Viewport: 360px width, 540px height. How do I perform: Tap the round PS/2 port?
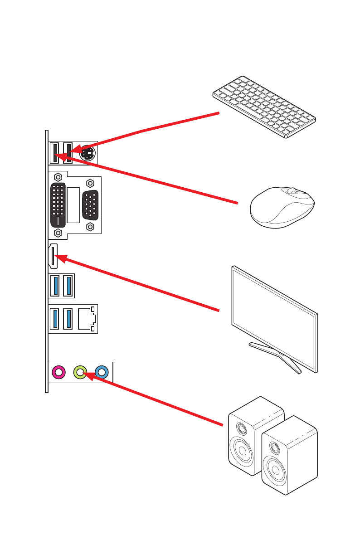pos(88,153)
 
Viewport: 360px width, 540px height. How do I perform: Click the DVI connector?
pos(58,205)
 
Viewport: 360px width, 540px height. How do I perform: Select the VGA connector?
pos(90,205)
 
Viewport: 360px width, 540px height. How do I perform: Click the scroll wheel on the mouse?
pos(293,192)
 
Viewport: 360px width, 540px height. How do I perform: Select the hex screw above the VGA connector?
pos(90,183)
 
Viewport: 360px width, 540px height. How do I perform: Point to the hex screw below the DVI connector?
pos(58,233)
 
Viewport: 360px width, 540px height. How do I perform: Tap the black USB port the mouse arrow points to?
pos(55,152)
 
